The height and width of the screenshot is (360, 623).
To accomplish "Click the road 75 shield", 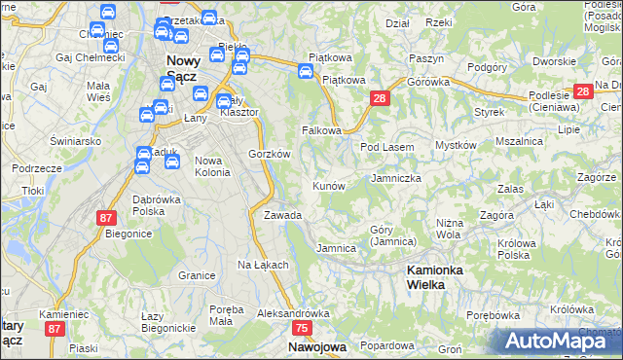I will [301, 330].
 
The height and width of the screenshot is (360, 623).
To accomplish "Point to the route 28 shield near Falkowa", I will [380, 98].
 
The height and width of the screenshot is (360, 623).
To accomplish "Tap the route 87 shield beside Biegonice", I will [105, 218].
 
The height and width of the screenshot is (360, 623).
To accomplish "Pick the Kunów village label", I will [328, 185].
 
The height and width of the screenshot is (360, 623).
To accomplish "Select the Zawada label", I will [282, 215].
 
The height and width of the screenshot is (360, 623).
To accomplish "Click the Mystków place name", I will [456, 145].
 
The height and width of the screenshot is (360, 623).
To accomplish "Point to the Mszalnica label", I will [519, 141].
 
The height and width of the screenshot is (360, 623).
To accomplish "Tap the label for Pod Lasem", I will [387, 147].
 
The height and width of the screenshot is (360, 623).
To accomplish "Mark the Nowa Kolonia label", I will [212, 166].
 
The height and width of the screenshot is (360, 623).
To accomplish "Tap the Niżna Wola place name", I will [448, 229].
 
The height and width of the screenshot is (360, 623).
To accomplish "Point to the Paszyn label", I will [426, 58].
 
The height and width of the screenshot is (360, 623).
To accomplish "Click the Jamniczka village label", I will [396, 179].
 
